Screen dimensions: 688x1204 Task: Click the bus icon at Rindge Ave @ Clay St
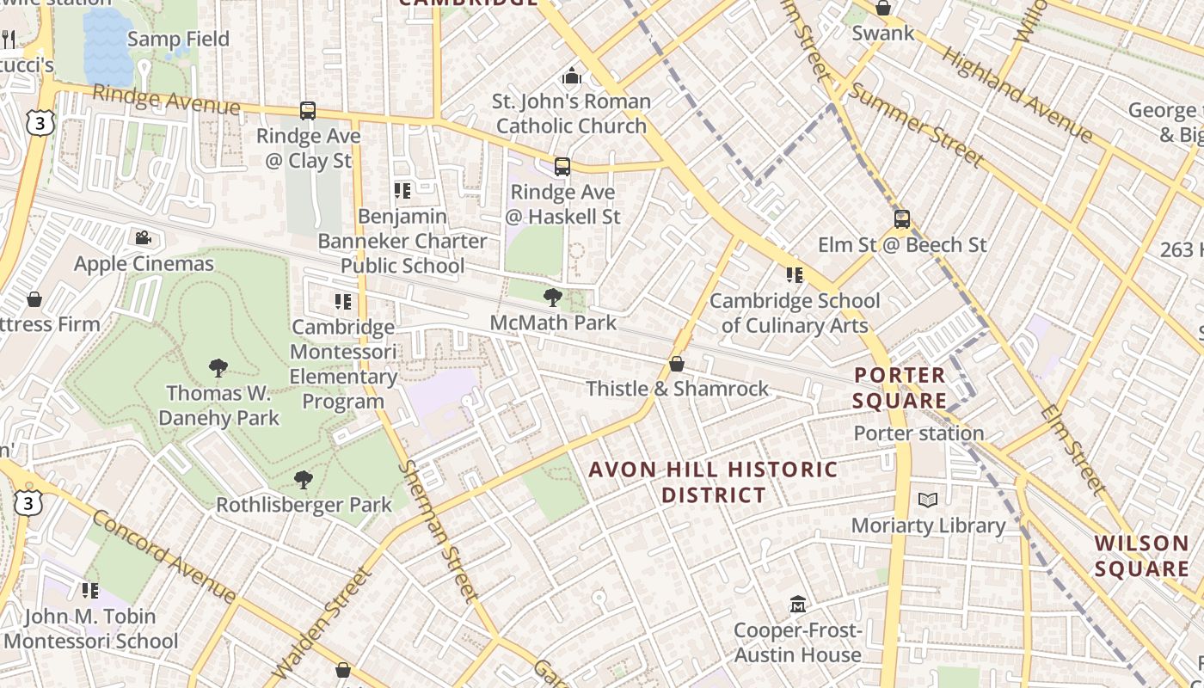pos(307,110)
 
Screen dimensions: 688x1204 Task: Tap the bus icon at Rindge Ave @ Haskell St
pos(562,166)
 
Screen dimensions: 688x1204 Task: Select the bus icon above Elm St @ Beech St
pos(901,218)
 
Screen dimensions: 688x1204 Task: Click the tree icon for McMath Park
pos(552,298)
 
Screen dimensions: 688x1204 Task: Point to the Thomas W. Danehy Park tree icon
pos(218,368)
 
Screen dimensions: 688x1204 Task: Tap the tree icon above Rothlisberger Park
pos(303,479)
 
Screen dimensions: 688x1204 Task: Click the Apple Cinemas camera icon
pos(143,237)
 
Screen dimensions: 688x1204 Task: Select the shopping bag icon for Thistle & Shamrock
pos(677,364)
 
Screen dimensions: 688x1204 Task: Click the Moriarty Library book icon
pos(927,500)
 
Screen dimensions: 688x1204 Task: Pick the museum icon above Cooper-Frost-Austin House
pos(797,605)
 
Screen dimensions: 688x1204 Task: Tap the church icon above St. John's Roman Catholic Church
pos(571,77)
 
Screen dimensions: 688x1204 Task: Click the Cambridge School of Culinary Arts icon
pos(794,275)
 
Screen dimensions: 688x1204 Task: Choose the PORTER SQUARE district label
pos(900,388)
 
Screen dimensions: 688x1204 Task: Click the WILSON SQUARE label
pos(1142,556)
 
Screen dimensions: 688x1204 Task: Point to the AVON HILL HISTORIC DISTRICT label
pos(713,482)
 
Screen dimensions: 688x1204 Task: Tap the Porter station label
pos(918,433)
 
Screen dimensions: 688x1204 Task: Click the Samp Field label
pos(178,39)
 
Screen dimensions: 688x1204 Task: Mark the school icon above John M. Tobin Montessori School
pos(89,590)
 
